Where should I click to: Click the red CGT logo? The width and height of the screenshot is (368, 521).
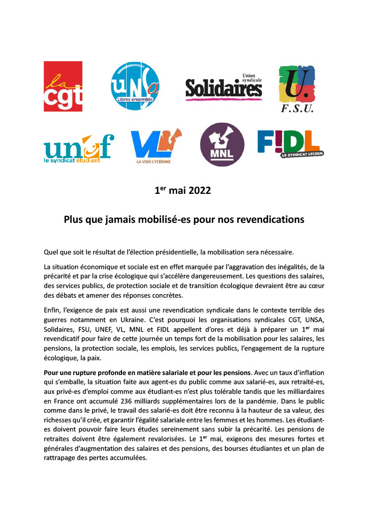coord(63,86)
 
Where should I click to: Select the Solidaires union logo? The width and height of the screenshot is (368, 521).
coord(224,87)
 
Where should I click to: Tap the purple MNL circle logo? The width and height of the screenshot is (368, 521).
coord(222,144)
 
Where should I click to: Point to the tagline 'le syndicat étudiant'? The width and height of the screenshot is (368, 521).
coord(71,161)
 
